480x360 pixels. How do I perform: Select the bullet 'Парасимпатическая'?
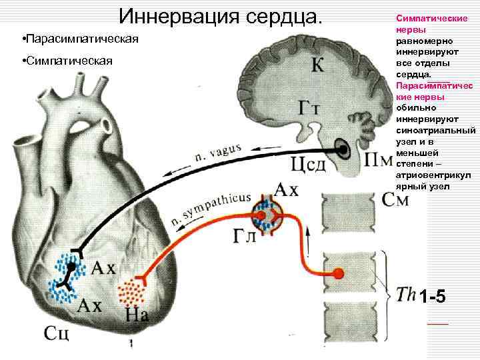pyautogui.click(x=80, y=39)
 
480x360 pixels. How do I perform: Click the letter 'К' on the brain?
pyautogui.click(x=320, y=65)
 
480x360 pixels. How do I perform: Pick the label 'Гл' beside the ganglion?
pyautogui.click(x=245, y=235)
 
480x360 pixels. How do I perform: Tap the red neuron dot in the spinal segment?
pyautogui.click(x=339, y=273)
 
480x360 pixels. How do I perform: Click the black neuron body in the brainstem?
pyautogui.click(x=343, y=150)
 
